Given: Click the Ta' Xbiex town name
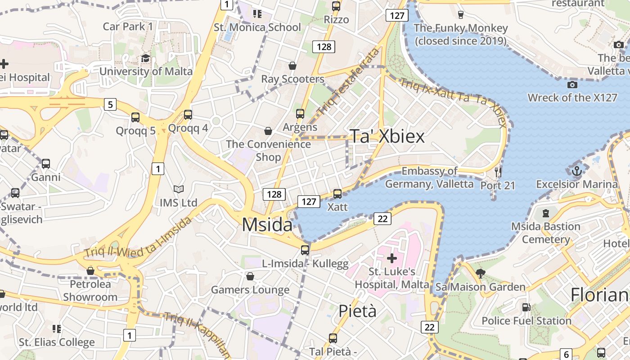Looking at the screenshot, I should (387, 136).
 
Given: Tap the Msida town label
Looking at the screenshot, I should (267, 225).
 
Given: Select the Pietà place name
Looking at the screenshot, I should (357, 311).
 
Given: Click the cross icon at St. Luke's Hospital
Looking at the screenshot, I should (392, 258).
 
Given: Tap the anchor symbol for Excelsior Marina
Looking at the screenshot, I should (576, 171).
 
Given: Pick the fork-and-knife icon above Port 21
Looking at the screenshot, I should (498, 172).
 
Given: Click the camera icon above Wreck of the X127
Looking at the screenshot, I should (572, 85).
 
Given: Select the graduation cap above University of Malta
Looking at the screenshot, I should (145, 58).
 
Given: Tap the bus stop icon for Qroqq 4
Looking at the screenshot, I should (188, 115).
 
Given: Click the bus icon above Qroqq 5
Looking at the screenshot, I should (135, 117).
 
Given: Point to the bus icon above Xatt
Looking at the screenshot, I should (337, 194).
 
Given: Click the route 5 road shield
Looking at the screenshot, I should (110, 105).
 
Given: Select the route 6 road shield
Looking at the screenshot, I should (566, 354).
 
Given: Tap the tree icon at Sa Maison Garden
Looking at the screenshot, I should (480, 273).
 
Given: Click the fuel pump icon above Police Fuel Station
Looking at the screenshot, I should (526, 307).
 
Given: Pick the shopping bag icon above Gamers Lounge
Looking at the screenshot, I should (250, 276).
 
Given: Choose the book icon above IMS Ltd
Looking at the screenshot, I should (179, 189).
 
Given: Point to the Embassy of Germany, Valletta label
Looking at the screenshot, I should (429, 178).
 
